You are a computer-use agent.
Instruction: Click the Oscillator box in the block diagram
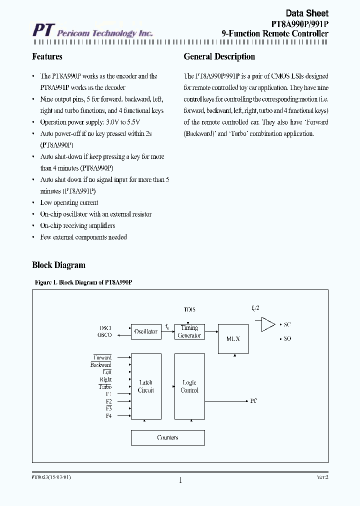point(146,331)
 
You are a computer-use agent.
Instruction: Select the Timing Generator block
point(189,331)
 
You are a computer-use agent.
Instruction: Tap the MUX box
point(233,338)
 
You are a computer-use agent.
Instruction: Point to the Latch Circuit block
point(146,386)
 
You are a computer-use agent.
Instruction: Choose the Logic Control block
point(189,386)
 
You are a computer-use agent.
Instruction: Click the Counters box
point(167,437)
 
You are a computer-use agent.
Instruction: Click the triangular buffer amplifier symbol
point(268,324)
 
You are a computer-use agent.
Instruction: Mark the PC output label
point(253,401)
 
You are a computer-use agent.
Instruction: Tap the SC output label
point(287,324)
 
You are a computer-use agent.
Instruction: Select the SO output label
point(287,339)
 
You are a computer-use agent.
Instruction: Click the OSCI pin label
point(105,328)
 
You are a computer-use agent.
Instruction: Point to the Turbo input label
point(105,387)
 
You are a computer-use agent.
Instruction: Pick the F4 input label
point(108,416)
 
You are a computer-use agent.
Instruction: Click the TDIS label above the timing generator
point(189,310)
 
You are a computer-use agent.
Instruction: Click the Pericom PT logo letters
point(42,31)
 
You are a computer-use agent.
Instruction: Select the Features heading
point(47,56)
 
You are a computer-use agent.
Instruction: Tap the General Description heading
point(219,56)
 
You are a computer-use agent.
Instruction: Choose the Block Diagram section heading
point(58,265)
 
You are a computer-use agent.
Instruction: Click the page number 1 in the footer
point(180,480)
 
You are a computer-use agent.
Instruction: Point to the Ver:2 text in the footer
point(322,477)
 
